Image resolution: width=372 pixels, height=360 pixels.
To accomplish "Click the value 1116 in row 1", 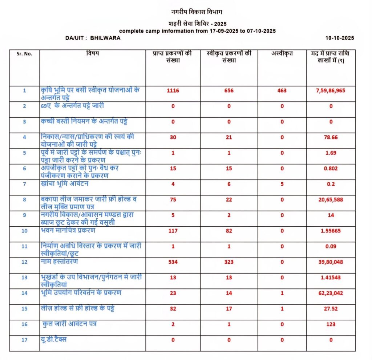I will [x=173, y=90].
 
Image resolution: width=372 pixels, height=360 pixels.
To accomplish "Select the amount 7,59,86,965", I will [x=330, y=90].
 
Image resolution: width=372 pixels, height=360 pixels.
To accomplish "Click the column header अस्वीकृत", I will [x=282, y=54].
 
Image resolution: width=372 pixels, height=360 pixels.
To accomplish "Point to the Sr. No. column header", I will [x=24, y=54].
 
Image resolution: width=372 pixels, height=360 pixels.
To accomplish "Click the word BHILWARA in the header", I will [x=105, y=38].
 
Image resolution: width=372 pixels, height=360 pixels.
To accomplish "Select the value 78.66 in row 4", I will [x=330, y=137].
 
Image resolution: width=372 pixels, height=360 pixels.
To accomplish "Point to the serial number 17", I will [x=24, y=340].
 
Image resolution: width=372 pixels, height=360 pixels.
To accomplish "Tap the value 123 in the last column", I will [x=331, y=324].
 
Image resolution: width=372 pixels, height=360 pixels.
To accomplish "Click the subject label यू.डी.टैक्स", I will [x=54, y=340].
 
